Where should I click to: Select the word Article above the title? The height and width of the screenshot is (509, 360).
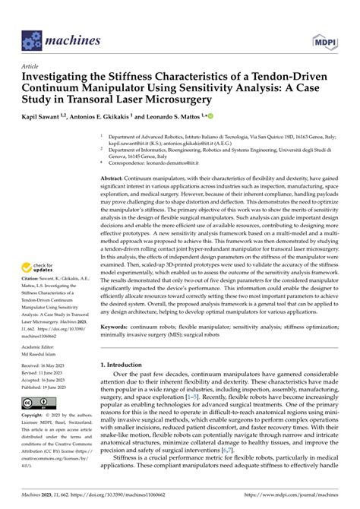point(31,66)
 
